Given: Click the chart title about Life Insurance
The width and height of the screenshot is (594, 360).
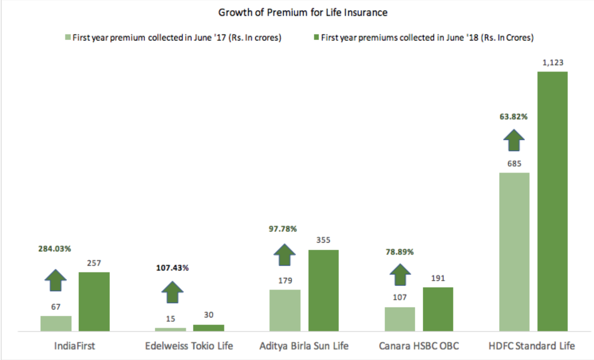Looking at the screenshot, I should click(x=303, y=13).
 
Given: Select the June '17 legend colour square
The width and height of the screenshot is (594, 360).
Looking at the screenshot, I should click(x=68, y=37).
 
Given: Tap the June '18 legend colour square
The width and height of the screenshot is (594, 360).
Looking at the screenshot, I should click(x=316, y=37).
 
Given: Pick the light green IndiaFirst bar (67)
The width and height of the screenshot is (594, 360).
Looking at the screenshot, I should click(x=56, y=323).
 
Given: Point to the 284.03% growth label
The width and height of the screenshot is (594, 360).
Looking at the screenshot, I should click(x=55, y=249).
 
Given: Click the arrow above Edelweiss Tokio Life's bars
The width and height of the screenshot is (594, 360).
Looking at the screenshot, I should click(x=172, y=292).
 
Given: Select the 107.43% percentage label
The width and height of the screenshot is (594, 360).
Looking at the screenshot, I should click(x=172, y=268).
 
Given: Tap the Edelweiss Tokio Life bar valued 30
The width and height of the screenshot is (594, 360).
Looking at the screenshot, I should click(x=209, y=328).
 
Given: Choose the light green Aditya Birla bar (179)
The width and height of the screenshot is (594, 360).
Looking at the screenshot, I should click(x=285, y=310).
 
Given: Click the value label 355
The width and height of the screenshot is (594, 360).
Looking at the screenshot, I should click(x=323, y=240).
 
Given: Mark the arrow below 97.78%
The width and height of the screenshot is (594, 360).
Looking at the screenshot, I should click(x=284, y=255).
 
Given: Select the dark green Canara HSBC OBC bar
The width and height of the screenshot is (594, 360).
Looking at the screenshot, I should click(x=438, y=309).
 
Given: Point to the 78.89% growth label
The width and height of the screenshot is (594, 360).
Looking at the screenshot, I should click(x=400, y=252).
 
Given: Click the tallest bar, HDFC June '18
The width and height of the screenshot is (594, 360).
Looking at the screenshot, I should click(x=552, y=201).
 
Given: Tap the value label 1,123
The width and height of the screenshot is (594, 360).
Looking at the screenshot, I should click(x=553, y=63).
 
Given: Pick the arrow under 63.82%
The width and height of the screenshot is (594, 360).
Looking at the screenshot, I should click(x=514, y=140).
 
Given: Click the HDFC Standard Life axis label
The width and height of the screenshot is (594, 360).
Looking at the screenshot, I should click(x=531, y=346).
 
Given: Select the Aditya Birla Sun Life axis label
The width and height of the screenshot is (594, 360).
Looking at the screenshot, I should click(x=304, y=346).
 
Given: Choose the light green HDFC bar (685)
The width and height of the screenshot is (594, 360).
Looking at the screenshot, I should click(x=514, y=252).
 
